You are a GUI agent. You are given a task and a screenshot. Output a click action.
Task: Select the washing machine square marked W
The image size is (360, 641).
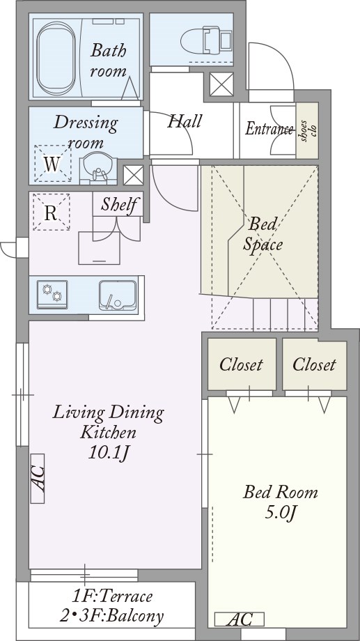coord(52,164)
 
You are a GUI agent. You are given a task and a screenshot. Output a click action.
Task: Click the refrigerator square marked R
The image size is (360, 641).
coord(51,212)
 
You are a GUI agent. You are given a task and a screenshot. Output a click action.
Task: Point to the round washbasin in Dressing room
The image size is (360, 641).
coord(98,168)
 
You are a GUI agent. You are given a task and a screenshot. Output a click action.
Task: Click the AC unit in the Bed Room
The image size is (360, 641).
coord(240,619)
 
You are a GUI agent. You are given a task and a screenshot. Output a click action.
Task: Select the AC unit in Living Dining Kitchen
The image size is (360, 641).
coord(37,478)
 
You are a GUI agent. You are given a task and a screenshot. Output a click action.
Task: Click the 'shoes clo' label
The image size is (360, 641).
coord(307,131)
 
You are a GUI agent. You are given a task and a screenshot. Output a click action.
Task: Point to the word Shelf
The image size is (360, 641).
coord(118,204)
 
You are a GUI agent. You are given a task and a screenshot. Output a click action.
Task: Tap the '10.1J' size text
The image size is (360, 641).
coord(109,453)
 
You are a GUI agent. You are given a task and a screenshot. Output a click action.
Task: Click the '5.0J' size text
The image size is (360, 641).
coord(281,513)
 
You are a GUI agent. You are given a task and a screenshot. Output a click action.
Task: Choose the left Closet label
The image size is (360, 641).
coord(241,364)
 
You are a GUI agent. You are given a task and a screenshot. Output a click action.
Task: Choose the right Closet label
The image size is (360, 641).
coord(314,364)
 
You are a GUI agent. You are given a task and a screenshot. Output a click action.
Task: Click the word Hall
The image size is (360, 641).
coord(185,121)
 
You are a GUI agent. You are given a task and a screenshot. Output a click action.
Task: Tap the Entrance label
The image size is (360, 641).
coord(269,129)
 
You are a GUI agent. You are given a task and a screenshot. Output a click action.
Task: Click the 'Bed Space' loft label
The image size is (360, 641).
coord(263,234)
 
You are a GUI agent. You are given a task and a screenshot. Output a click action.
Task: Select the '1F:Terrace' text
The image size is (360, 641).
coord(112,596)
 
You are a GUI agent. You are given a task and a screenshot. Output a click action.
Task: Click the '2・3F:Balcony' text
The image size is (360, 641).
coord(112,616)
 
